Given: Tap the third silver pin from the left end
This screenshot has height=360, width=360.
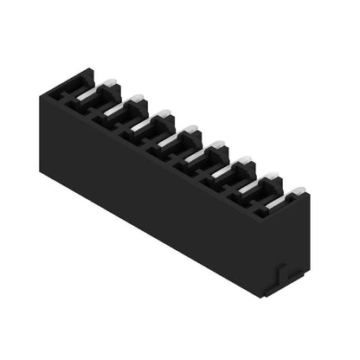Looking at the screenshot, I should click(x=143, y=123).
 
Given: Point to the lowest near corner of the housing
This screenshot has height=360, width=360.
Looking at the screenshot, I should click(x=261, y=297).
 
